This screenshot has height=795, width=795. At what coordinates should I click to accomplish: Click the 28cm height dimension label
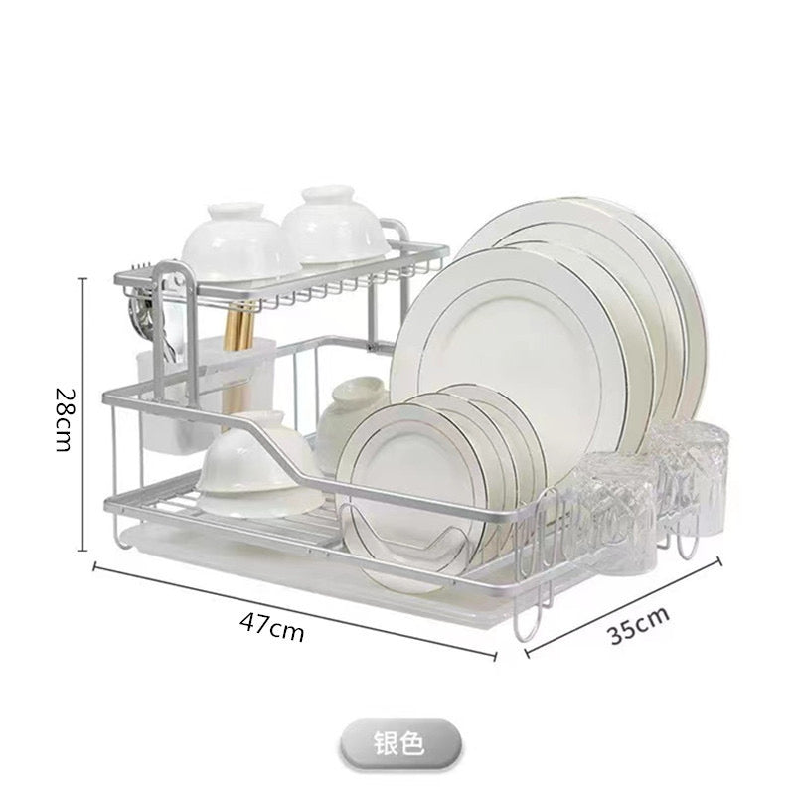[x=66, y=419]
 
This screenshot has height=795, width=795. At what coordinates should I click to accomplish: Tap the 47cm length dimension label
[x=272, y=628]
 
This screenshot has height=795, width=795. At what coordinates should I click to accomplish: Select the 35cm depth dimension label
[x=638, y=625]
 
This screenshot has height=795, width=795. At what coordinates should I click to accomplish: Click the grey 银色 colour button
[x=400, y=744]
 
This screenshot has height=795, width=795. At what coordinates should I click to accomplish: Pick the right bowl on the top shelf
[x=335, y=226]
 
